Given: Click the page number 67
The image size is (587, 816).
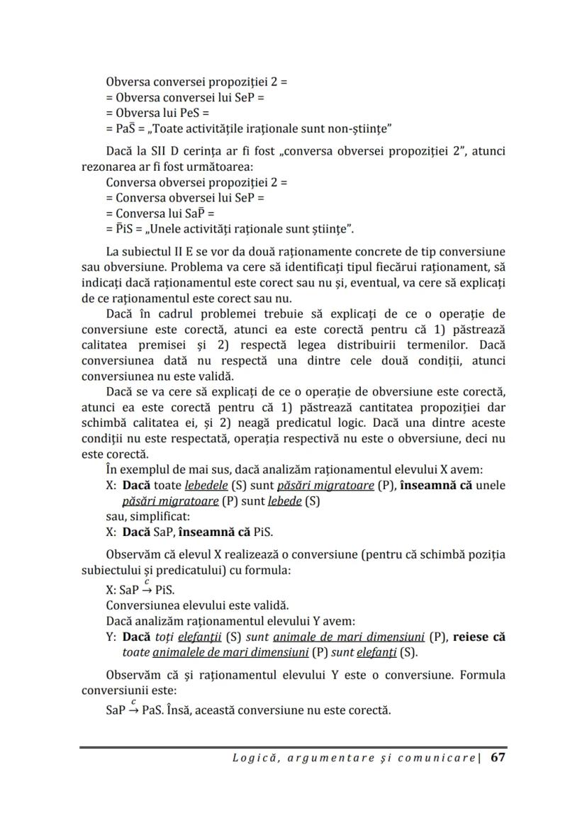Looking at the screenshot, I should (498, 757).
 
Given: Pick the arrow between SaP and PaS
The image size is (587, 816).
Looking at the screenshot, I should (133, 709).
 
